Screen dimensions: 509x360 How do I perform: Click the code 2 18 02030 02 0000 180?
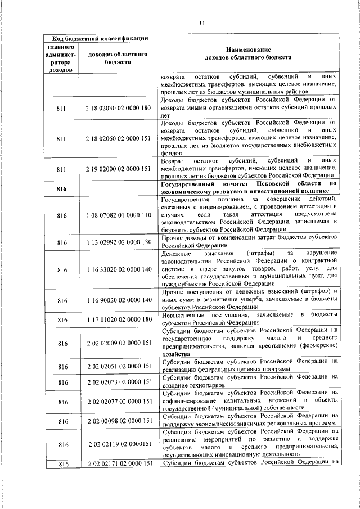click(119, 107)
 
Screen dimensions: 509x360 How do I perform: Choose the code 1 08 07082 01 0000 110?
click(119, 215)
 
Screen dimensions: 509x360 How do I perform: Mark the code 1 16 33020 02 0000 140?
click(119, 269)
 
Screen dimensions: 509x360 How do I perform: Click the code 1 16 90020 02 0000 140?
click(119, 301)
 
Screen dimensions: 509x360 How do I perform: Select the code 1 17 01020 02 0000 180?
click(119, 319)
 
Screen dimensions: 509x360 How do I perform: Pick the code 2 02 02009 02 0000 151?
click(119, 343)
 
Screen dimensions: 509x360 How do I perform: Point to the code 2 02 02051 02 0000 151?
click(119, 366)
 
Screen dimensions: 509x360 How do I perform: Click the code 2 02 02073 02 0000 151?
click(119, 382)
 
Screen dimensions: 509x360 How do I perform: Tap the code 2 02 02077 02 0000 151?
click(119, 401)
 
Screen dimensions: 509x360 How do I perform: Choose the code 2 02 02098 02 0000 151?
click(119, 421)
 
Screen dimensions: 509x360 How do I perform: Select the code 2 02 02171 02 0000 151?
click(119, 463)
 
